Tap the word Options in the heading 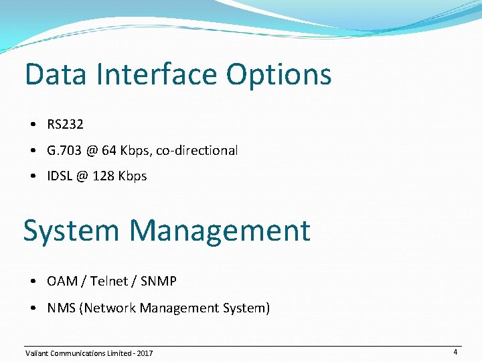tap(278, 74)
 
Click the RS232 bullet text tap(65, 125)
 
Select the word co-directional tap(197, 151)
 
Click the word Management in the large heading tap(220, 231)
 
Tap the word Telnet tap(112, 282)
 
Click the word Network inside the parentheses tap(106, 308)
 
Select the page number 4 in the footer tap(455, 352)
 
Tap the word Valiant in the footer tap(36, 353)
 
